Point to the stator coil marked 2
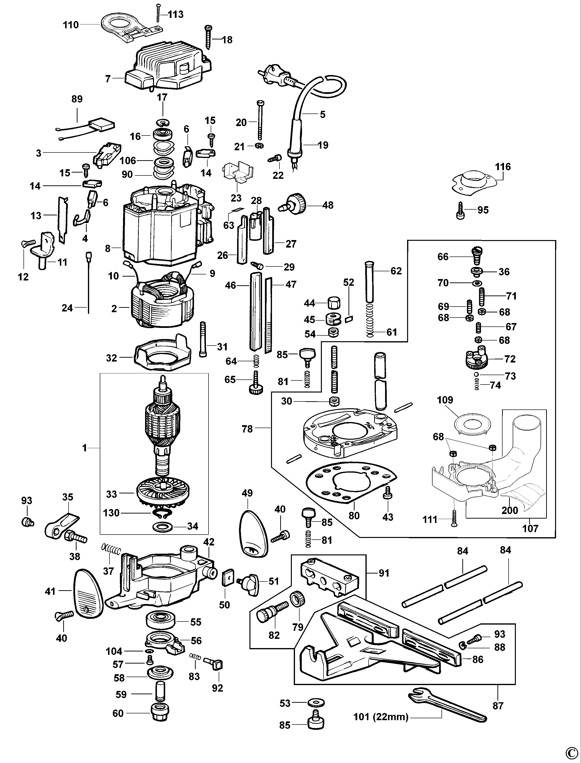162,304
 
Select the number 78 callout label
247,429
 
